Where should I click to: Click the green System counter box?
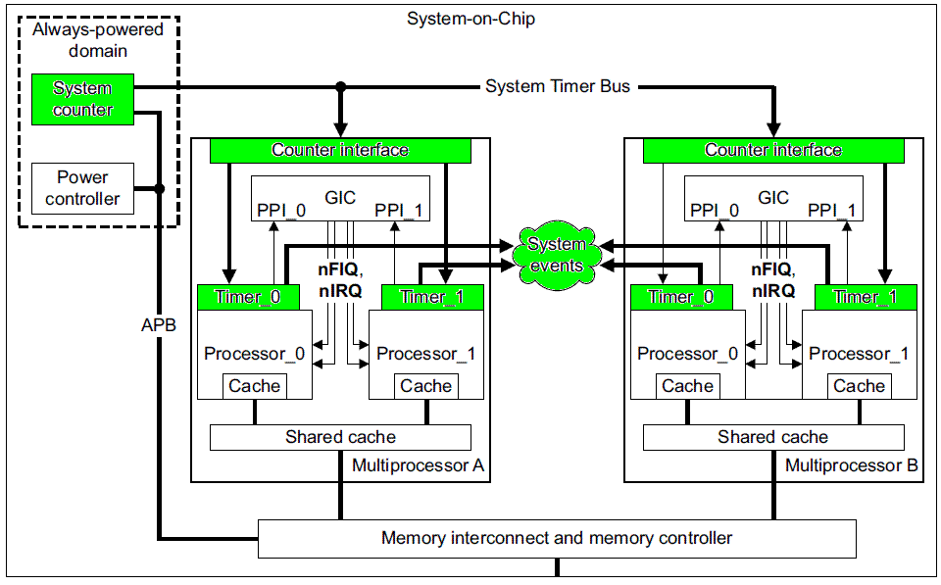coord(81,99)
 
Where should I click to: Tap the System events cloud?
coord(556,255)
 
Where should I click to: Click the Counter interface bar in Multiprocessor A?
coord(340,150)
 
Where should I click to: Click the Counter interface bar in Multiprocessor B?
coord(773,150)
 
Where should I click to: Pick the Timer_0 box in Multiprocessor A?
coord(239,297)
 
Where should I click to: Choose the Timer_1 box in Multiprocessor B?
coord(864,297)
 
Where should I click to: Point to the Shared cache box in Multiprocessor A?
coord(340,437)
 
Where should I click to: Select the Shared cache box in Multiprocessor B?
coord(772,437)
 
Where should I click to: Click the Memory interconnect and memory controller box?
coord(556,538)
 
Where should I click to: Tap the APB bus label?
coord(158,324)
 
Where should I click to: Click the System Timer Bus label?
coord(558,86)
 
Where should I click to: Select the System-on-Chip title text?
coord(470,19)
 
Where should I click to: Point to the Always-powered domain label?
coord(98,39)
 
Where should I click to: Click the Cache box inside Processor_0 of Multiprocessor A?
coord(254,386)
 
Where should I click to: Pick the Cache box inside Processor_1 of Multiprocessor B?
coord(859,386)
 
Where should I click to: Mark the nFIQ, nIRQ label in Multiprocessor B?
coord(773,280)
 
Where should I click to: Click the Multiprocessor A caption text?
coord(419,465)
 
